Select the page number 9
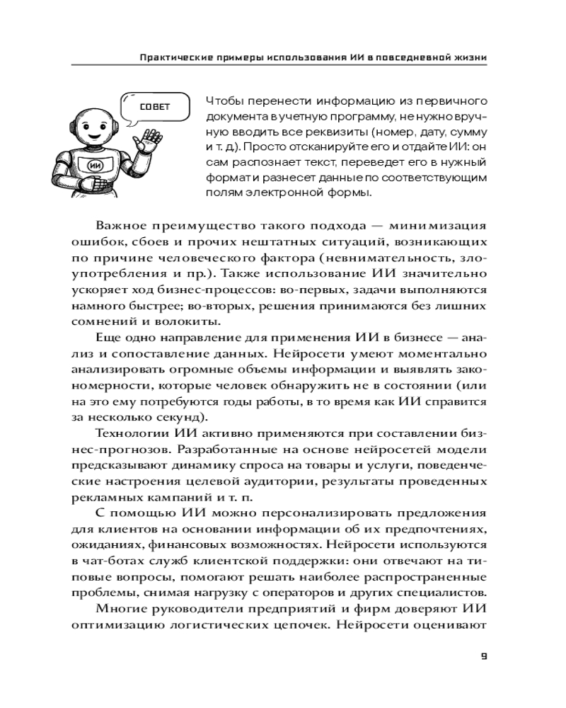[484, 656]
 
